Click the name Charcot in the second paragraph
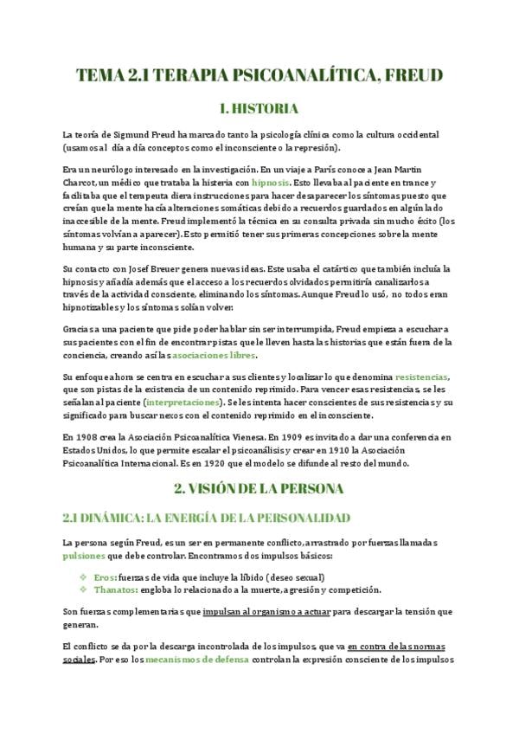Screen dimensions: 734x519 (83, 183)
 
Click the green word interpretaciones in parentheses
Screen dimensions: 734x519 (183, 402)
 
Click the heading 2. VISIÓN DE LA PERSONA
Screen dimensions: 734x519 (259, 489)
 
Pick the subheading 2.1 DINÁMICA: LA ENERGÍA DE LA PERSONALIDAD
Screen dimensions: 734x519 (206, 518)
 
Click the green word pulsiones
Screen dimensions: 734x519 (84, 555)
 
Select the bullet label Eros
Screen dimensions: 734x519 (104, 577)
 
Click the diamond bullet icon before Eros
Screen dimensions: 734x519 (83, 577)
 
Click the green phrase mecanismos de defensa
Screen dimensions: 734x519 (195, 659)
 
